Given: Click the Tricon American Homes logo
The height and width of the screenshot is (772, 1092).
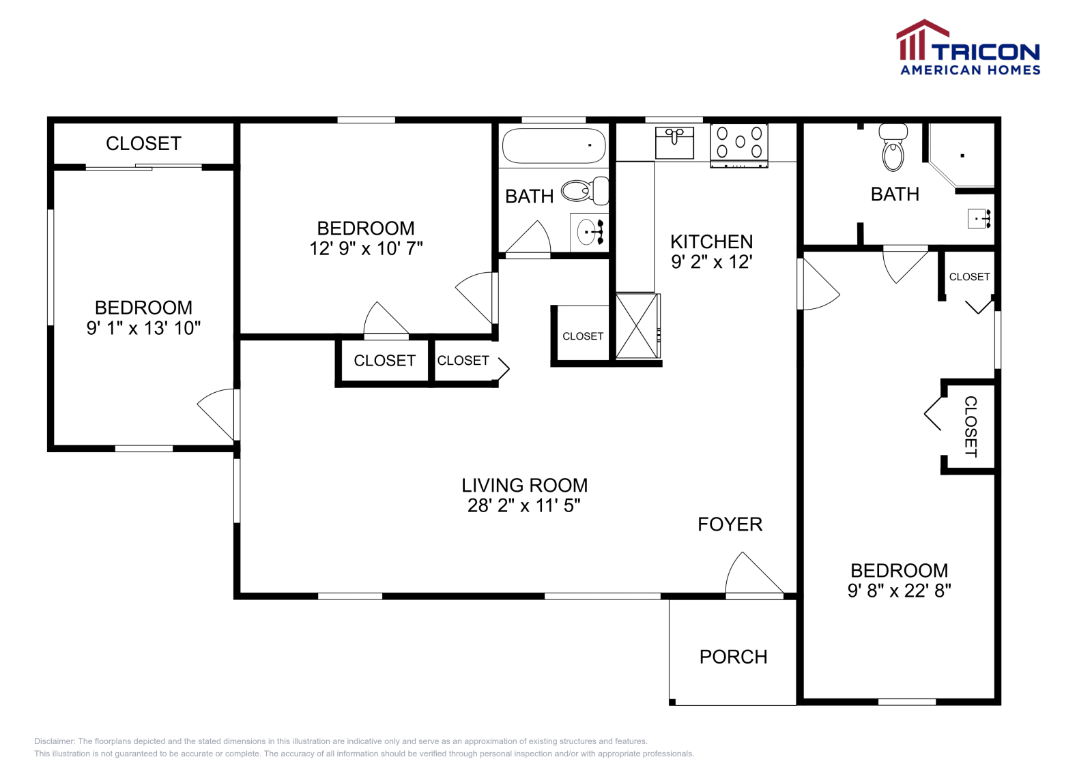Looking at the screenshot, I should [968, 48].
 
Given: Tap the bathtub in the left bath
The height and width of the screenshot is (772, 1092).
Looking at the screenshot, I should [553, 145].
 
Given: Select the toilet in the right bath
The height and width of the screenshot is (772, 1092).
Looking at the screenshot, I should [893, 148].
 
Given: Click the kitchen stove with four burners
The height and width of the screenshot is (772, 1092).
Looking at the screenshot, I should [739, 144].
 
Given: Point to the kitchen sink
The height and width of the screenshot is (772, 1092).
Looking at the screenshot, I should [674, 142].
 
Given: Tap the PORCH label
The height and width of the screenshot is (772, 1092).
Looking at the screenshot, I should [733, 657].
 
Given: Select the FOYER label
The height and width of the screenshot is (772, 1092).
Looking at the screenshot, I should [730, 524].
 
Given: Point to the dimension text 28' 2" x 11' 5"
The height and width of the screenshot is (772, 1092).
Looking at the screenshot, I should [523, 505].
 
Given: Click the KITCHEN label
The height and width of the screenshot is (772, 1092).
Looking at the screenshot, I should [711, 242].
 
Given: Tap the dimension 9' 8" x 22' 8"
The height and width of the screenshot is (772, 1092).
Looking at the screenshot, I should [899, 591].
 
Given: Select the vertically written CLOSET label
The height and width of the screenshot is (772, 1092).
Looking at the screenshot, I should [970, 427].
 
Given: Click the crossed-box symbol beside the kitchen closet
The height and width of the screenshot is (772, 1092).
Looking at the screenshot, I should [637, 326].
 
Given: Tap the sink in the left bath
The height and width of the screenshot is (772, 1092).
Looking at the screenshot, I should [588, 232].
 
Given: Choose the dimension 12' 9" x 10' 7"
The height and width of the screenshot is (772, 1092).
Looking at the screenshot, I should [366, 248].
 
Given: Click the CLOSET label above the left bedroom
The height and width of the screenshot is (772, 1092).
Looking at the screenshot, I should [143, 143].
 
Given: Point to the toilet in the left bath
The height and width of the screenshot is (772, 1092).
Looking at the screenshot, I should [584, 191].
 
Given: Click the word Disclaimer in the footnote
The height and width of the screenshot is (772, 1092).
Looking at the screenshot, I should [54, 741].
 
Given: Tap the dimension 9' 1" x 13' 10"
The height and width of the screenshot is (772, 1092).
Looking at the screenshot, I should [143, 328].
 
